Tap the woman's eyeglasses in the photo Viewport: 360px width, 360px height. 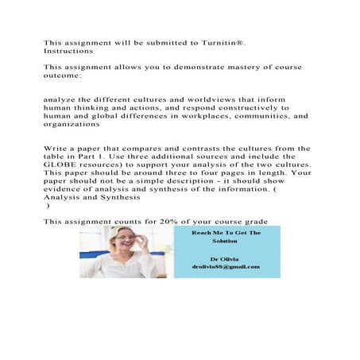coord(120,240)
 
